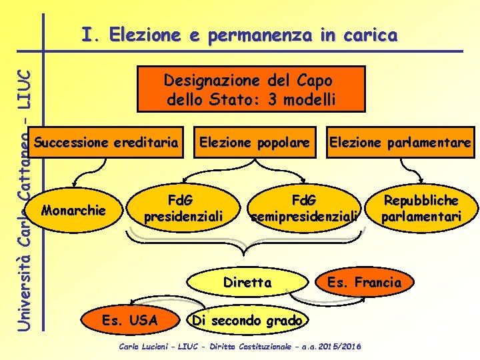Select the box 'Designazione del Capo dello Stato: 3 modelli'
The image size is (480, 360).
[251, 89]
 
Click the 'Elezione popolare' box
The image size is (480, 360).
[255, 142]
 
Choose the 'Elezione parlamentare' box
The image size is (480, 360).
[400, 142]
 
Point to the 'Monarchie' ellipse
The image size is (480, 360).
[73, 211]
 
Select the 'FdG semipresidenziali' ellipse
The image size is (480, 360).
[305, 208]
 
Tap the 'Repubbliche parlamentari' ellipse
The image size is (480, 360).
[421, 208]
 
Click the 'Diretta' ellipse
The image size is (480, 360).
[248, 282]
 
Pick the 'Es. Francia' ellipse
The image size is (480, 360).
[364, 282]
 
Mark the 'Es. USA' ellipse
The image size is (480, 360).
[130, 321]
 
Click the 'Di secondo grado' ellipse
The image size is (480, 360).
[247, 321]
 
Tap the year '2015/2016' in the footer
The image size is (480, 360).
[342, 347]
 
